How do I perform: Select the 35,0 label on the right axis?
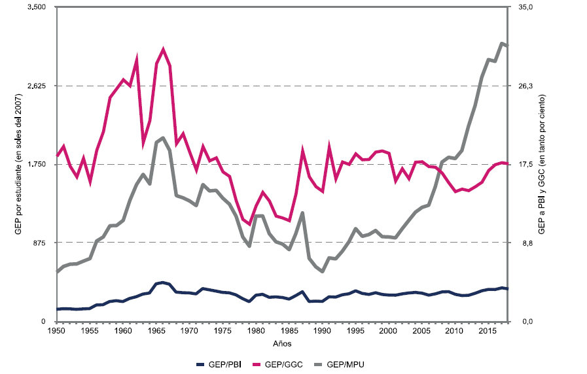click(527, 7)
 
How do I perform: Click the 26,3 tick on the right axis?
click(527, 86)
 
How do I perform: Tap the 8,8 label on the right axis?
click(525, 243)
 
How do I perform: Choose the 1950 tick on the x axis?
click(57, 331)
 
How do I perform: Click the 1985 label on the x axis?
click(289, 331)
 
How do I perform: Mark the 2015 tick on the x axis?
click(488, 331)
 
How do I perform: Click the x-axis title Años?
click(282, 343)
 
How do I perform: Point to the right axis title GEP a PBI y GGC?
click(543, 163)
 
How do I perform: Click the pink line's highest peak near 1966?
click(163, 50)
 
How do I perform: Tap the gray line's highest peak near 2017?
click(501, 44)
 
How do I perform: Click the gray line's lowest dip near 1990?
click(322, 271)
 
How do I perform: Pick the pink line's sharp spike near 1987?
click(302, 151)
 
